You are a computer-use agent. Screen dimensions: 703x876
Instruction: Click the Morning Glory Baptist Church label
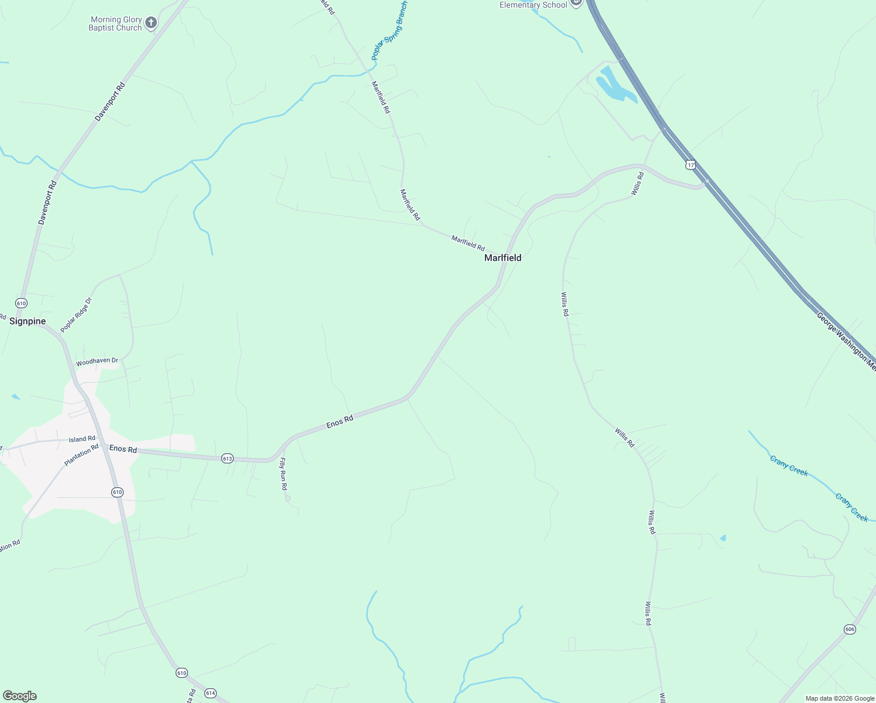tap(115, 23)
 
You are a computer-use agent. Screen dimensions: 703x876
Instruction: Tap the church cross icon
tap(151, 23)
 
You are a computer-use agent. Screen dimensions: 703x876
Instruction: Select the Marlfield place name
tap(502, 258)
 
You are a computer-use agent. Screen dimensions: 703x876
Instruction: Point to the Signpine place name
tap(28, 321)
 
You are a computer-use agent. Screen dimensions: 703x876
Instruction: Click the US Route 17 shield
tap(691, 165)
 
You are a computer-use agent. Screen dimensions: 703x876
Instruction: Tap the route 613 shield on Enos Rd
tap(227, 458)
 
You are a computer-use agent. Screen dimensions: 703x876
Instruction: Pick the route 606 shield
tap(850, 629)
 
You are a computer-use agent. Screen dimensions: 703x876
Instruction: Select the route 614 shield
tap(210, 693)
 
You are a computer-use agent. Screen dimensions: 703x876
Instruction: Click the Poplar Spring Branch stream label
tap(390, 30)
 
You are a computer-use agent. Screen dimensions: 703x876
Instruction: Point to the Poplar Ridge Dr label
tap(76, 315)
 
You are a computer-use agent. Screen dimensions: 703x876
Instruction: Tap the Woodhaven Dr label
tap(97, 361)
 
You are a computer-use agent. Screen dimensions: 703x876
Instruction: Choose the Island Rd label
tap(82, 439)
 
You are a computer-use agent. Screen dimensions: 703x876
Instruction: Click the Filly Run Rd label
tap(283, 474)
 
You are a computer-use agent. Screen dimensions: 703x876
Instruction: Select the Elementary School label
tap(533, 5)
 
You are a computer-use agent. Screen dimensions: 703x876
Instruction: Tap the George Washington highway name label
tap(846, 342)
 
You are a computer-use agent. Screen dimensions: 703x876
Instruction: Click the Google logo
tap(19, 696)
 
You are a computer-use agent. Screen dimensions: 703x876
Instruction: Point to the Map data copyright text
tap(840, 698)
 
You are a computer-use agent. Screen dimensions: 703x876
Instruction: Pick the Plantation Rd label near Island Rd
tap(81, 455)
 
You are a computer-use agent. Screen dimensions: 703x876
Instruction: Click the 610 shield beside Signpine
tap(21, 303)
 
